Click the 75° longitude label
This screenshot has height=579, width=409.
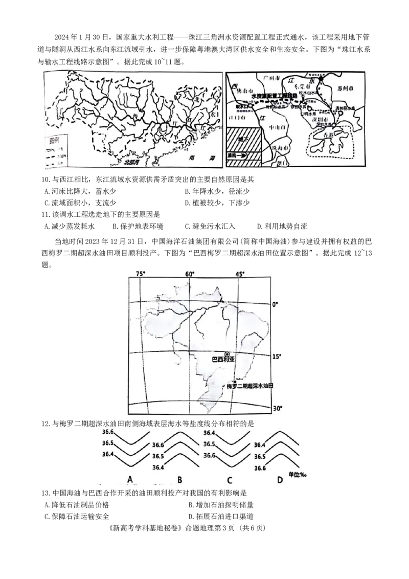pyautogui.click(x=141, y=274)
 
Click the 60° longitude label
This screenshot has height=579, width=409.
pyautogui.click(x=190, y=274)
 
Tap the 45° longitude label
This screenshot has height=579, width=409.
pyautogui.click(x=239, y=274)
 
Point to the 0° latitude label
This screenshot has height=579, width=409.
pyautogui.click(x=275, y=304)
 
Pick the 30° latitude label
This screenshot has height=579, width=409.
pyautogui.click(x=277, y=408)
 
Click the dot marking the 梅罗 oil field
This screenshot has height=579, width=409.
pyautogui.click(x=234, y=382)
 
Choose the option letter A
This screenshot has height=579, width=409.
pyautogui.click(x=130, y=479)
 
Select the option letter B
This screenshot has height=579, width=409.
pyautogui.click(x=179, y=480)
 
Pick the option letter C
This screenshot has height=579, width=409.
pyautogui.click(x=230, y=480)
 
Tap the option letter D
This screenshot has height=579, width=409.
pyautogui.click(x=279, y=480)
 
